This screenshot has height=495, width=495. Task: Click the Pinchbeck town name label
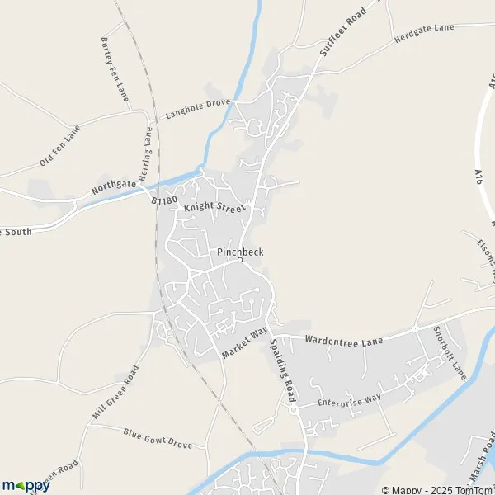241,250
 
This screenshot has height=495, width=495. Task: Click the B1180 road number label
164,199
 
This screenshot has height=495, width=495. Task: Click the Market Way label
245,342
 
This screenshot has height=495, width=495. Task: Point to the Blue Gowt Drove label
157,438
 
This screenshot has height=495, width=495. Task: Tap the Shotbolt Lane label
450,352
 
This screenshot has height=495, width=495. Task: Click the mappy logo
26,484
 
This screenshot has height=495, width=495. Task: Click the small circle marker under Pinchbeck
240,260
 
